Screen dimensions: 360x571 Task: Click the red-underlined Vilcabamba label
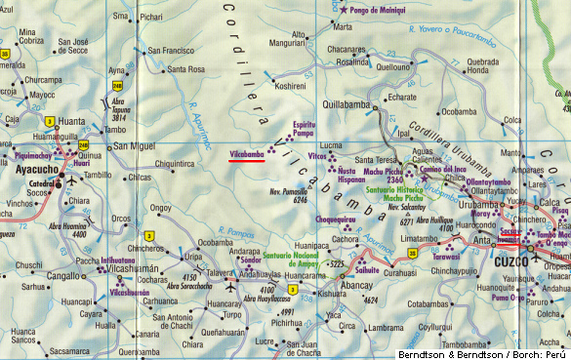click(x=246, y=154)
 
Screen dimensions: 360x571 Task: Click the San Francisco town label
click(x=171, y=51)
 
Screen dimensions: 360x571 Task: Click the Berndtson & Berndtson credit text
click(x=477, y=352)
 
